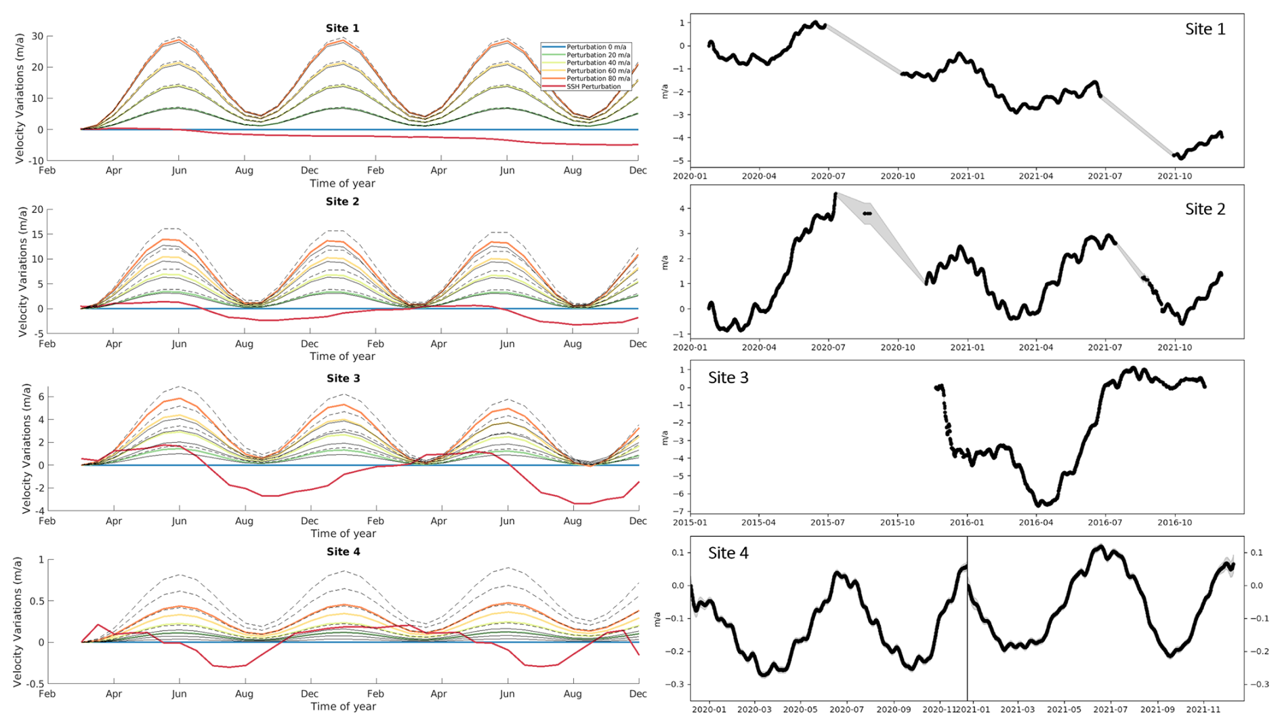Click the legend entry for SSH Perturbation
pos(593,87)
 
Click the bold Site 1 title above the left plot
pos(342,28)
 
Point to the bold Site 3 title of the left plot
pos(343,378)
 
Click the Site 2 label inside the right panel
pos(1205,209)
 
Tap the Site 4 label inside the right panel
pos(728,553)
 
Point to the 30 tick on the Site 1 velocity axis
pos(37,37)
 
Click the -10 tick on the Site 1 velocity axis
pos(35,161)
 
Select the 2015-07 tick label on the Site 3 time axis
pos(828,523)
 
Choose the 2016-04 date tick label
pos(1035,523)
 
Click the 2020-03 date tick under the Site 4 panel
pos(754,710)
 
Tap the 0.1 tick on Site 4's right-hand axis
pos(1256,553)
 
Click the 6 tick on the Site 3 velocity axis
pos(41,397)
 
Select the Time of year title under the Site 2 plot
pos(342,357)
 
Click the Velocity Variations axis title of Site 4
pos(18,621)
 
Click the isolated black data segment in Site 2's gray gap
pos(867,214)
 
